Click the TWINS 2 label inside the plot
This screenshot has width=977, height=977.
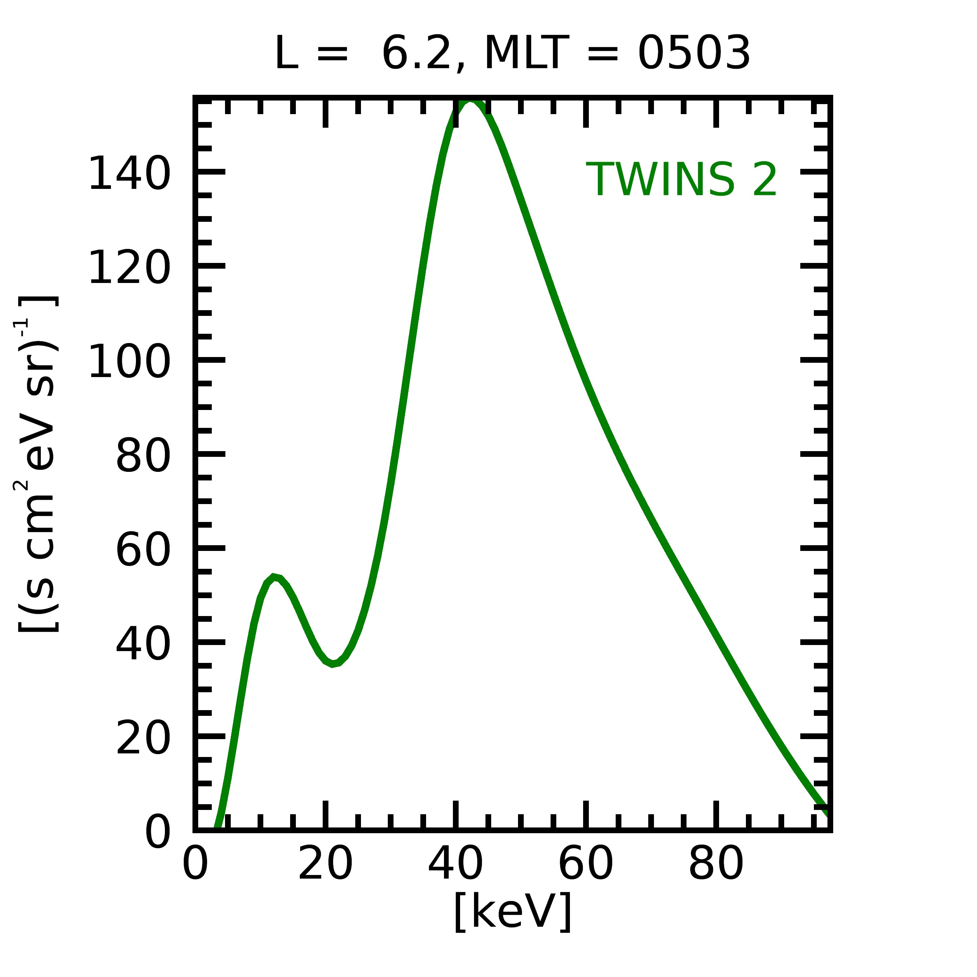click(x=681, y=180)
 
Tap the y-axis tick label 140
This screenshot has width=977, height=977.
click(x=130, y=174)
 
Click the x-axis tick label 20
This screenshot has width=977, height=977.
click(x=325, y=865)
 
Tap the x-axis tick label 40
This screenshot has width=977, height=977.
click(x=456, y=865)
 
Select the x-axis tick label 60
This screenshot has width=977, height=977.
click(x=586, y=865)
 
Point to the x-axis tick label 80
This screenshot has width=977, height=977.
click(x=716, y=865)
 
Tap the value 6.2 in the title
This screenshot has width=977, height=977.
click(x=416, y=54)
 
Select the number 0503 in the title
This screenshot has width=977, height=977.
click(x=694, y=54)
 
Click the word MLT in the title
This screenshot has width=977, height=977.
click(x=527, y=54)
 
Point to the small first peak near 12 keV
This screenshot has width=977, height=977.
click(x=274, y=577)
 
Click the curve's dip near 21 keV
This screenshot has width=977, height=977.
click(x=332, y=664)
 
